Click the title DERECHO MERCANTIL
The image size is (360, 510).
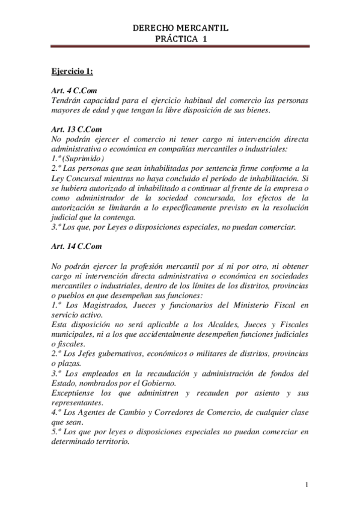(180, 28)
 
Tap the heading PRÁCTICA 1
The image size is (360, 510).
(180, 38)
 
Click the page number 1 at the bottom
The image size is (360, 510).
(307, 485)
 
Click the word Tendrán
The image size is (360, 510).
(68, 101)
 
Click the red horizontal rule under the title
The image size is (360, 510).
(180, 46)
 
